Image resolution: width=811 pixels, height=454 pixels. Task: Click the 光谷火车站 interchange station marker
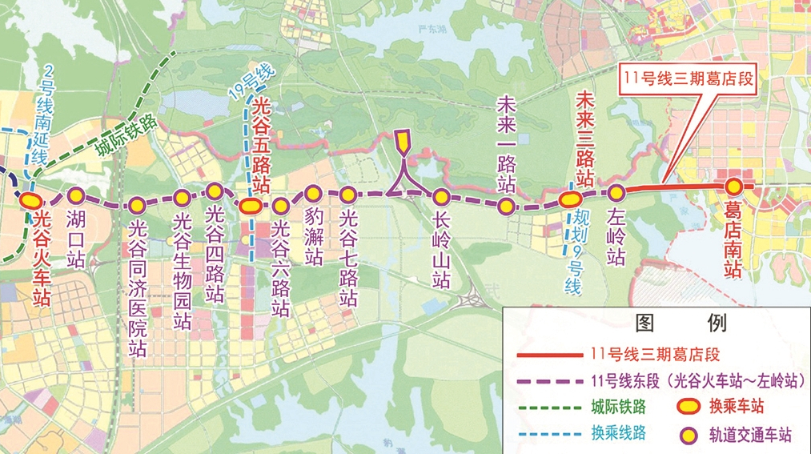(x=32, y=199)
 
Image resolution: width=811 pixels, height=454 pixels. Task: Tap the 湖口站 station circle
(x=75, y=195)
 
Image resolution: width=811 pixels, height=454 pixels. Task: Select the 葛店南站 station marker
(x=733, y=187)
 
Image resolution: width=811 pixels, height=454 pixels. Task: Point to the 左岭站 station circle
(x=616, y=192)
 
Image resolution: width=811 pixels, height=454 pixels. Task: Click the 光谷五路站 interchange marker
(x=250, y=205)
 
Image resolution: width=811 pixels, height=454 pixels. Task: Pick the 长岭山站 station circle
(x=441, y=196)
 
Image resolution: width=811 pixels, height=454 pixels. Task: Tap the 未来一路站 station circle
(x=506, y=207)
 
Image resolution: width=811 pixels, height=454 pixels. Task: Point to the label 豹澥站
(x=313, y=237)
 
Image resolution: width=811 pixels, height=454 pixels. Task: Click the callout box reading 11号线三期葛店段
(x=689, y=78)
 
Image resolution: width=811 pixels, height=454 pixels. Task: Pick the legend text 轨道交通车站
(x=749, y=436)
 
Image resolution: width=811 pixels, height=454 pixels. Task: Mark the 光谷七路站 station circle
(x=347, y=194)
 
